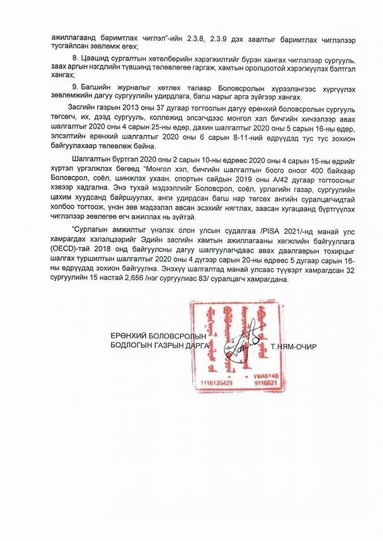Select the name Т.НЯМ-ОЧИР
293,346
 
